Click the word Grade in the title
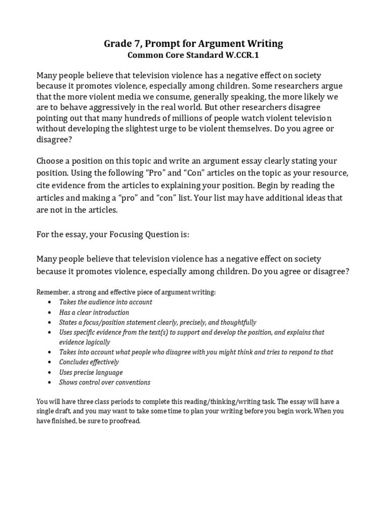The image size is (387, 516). pos(117,44)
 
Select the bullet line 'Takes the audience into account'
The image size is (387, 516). pos(105,302)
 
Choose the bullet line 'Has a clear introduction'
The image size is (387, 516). pos(94,312)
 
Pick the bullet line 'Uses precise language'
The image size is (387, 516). pos(91,372)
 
